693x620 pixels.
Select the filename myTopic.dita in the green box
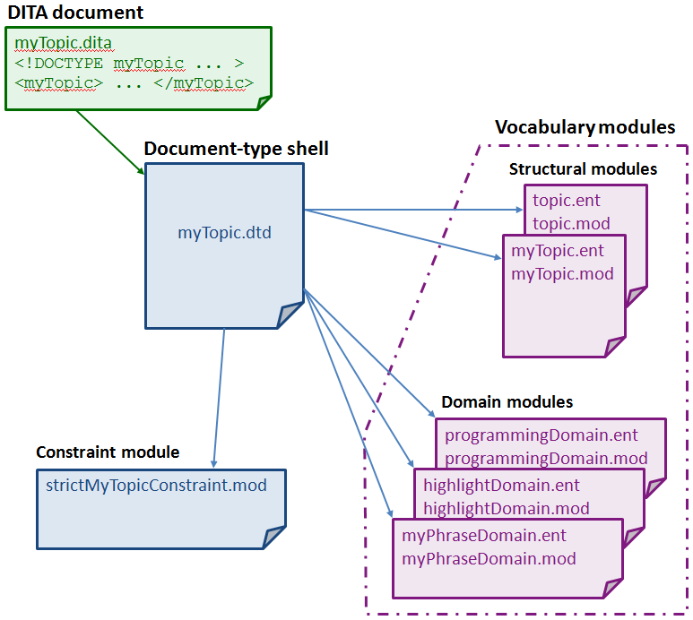(x=64, y=42)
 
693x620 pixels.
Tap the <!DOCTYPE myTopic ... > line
(x=129, y=64)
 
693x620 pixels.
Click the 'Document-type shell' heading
(x=236, y=149)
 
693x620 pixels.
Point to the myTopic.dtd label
(x=224, y=234)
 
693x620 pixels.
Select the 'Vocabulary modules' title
(x=585, y=127)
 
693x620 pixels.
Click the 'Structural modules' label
(x=583, y=169)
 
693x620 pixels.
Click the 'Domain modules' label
(x=507, y=402)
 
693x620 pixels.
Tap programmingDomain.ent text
(x=541, y=435)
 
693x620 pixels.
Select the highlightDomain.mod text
(x=507, y=508)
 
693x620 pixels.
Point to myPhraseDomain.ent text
(x=484, y=536)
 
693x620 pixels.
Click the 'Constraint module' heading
(x=108, y=452)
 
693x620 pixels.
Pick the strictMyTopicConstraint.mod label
(x=156, y=485)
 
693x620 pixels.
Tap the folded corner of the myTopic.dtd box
(x=290, y=316)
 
